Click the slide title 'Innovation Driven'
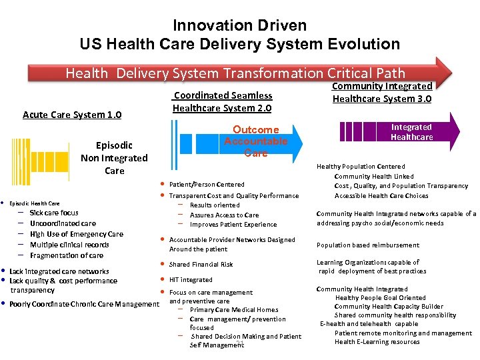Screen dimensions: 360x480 239,25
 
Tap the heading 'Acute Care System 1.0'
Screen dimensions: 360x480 72,115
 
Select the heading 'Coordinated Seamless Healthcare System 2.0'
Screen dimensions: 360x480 222,101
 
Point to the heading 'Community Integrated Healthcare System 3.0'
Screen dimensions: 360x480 382,92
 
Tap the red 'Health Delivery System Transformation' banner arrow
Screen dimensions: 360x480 235,73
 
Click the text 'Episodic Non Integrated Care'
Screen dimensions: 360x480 114,158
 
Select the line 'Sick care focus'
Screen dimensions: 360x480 54,213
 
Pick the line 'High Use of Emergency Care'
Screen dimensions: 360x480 76,235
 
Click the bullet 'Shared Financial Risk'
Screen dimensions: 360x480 201,265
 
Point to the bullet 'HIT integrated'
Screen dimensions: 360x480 191,280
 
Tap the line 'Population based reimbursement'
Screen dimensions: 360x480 368,245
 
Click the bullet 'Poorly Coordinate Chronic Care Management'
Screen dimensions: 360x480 84,305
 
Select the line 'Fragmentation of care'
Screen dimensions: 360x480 67,256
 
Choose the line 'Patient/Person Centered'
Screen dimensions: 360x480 207,185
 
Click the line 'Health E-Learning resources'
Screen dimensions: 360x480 377,342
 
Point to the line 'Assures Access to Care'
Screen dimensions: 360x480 224,215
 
